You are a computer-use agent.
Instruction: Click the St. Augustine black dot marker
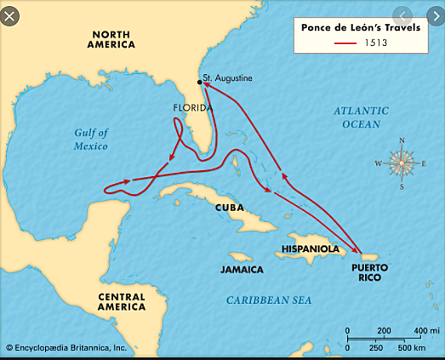tap(200, 82)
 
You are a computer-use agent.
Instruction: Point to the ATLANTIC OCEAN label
tap(361, 117)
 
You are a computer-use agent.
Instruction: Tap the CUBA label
tap(229, 207)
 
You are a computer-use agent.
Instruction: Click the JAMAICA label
tap(241, 269)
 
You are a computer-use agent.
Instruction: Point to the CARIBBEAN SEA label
tap(269, 300)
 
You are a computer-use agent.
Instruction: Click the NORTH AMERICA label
tap(111, 38)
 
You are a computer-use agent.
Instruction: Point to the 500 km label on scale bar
tap(411, 347)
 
